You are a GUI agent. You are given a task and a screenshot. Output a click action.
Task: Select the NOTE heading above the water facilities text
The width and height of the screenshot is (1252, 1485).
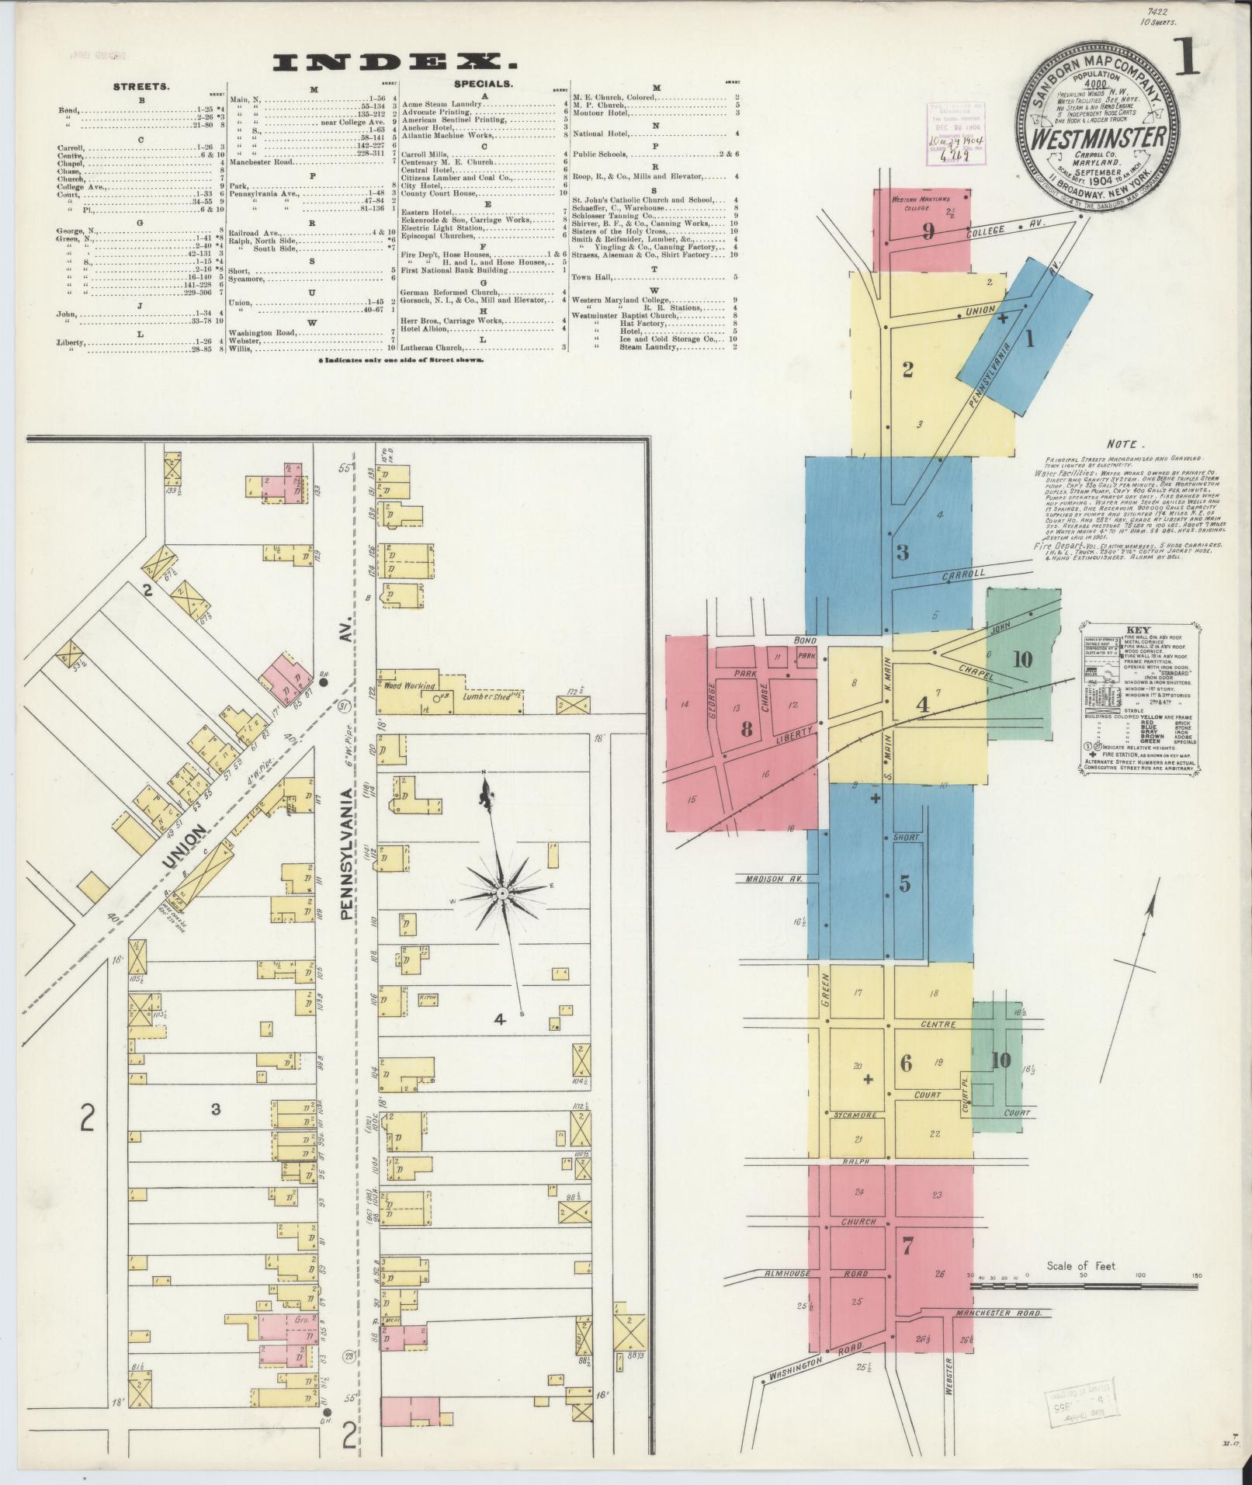(1122, 445)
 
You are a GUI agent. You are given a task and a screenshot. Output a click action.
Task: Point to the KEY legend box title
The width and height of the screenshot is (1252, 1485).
(1138, 630)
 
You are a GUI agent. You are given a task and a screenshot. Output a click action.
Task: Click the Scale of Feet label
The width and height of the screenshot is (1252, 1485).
(1080, 1266)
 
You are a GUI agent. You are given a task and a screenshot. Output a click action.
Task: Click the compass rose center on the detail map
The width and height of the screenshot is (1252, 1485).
(502, 893)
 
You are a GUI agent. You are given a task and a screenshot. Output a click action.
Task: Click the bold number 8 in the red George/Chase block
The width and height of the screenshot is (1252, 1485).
(747, 729)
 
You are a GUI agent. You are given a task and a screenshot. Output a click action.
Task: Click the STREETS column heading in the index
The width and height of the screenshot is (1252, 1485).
(141, 87)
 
